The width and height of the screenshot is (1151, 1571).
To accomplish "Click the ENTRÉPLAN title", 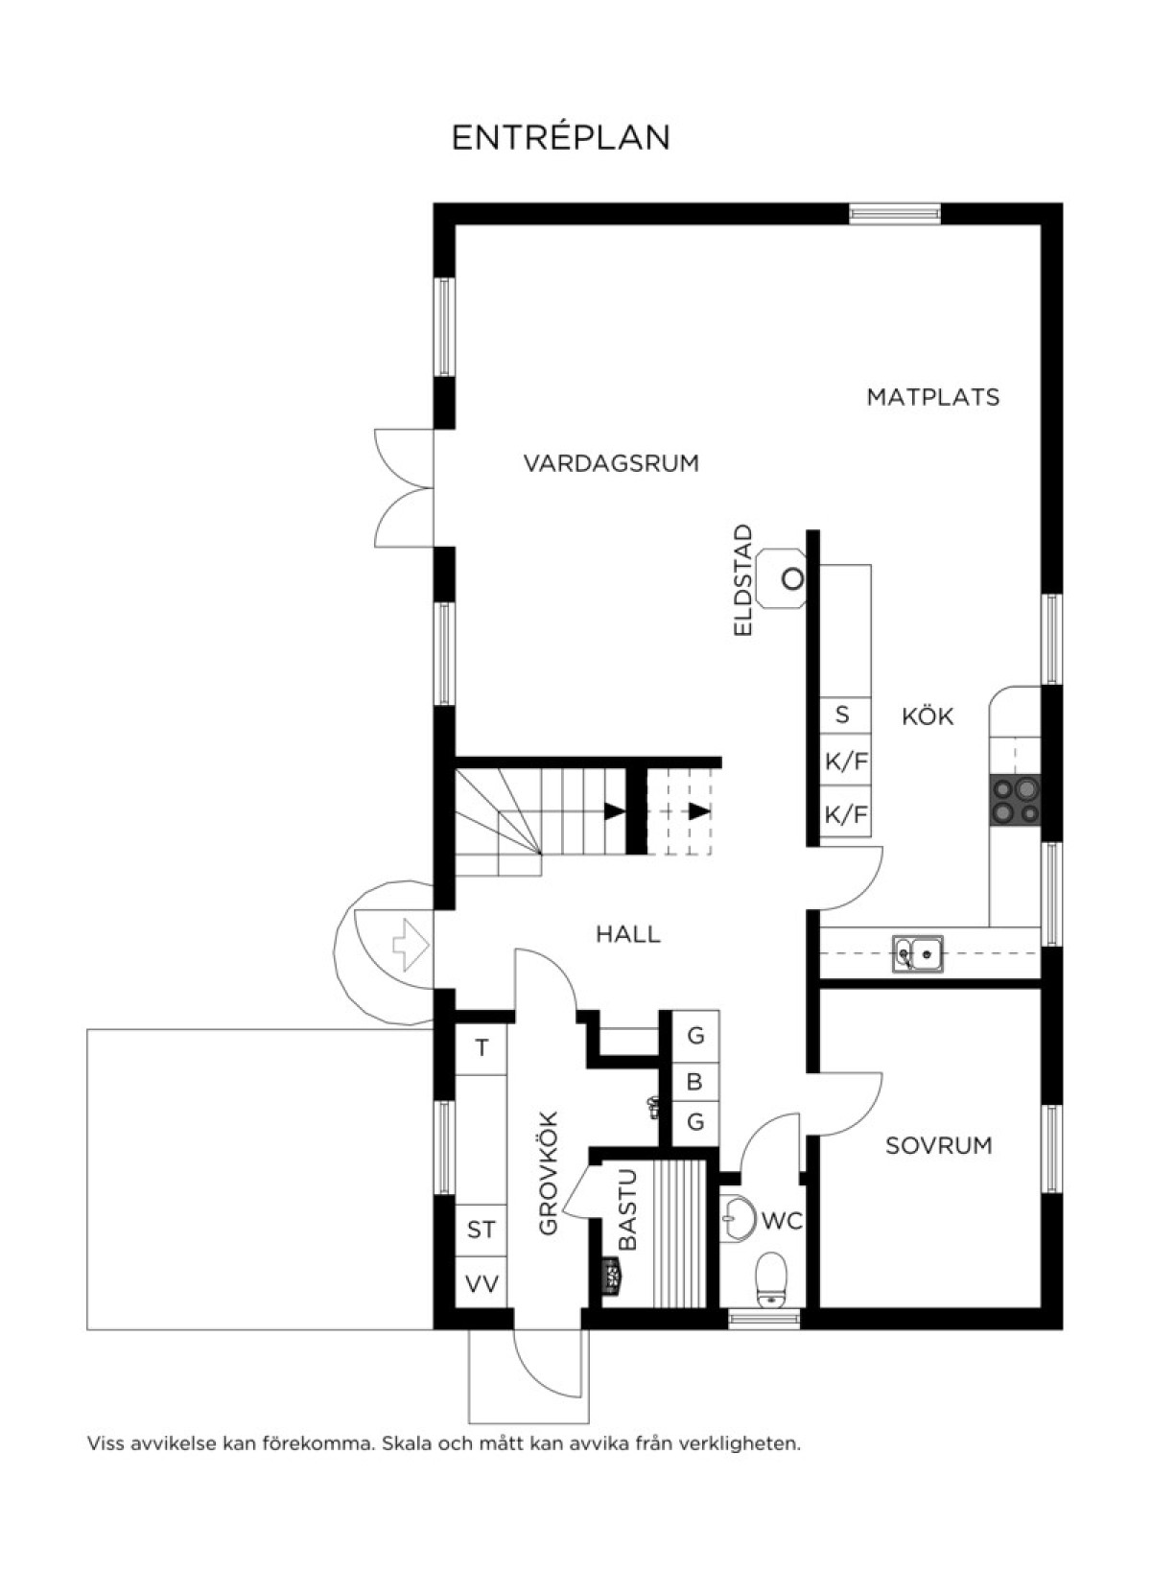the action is click(561, 137).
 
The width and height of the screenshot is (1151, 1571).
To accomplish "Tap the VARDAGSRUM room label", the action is click(612, 463).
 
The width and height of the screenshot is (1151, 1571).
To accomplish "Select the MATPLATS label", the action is click(933, 398).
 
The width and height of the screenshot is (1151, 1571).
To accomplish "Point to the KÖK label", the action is click(928, 716).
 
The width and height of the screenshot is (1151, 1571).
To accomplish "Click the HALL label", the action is click(628, 934).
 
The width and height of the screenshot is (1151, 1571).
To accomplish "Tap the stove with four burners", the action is click(1015, 800).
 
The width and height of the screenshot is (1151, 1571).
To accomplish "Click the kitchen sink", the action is click(917, 953).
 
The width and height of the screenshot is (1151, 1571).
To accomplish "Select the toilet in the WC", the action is click(771, 1280).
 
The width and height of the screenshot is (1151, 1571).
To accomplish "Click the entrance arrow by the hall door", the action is click(411, 945).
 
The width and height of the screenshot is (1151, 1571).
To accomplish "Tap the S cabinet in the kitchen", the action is click(845, 715).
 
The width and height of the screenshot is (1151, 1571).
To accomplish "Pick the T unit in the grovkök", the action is click(482, 1048).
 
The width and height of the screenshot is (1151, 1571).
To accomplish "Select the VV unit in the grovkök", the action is click(482, 1283).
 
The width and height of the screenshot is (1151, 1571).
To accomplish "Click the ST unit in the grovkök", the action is click(482, 1231).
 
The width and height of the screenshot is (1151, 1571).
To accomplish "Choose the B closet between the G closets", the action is click(695, 1082).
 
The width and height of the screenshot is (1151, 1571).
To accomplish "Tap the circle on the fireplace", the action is click(793, 578).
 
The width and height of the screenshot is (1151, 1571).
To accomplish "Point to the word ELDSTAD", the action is click(742, 580).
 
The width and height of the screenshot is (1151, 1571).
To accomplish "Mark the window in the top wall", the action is click(894, 213).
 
